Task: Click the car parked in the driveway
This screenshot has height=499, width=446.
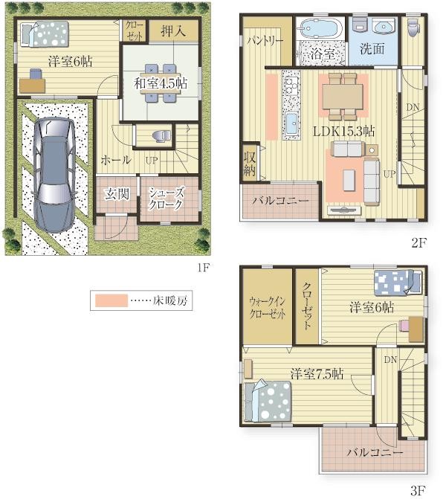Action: pyautogui.click(x=54, y=175)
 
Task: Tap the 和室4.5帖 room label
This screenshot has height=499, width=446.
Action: pyautogui.click(x=161, y=83)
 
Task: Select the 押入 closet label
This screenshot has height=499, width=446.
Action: pyautogui.click(x=173, y=31)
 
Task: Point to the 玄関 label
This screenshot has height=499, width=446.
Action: pyautogui.click(x=117, y=194)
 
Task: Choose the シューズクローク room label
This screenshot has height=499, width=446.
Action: pyautogui.click(x=166, y=199)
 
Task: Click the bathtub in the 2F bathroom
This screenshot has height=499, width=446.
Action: pyautogui.click(x=320, y=30)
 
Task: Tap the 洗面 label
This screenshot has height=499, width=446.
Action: pyautogui.click(x=372, y=48)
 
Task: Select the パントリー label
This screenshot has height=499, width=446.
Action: pyautogui.click(x=265, y=41)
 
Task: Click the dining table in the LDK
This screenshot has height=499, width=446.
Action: pyautogui.click(x=343, y=97)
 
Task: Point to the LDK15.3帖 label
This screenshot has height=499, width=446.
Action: pyautogui.click(x=343, y=131)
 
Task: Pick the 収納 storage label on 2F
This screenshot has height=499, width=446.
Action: pyautogui.click(x=250, y=164)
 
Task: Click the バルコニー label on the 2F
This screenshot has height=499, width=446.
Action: pyautogui.click(x=280, y=201)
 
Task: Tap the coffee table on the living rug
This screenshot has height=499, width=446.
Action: pyautogui.click(x=349, y=181)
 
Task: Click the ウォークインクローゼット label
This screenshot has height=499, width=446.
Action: pyautogui.click(x=267, y=308)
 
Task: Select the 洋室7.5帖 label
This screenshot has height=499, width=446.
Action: pyautogui.click(x=317, y=374)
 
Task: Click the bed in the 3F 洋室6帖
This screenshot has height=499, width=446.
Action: pyautogui.click(x=398, y=282)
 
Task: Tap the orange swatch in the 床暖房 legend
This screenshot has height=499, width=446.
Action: pyautogui.click(x=111, y=300)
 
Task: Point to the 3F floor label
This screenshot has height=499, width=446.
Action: pyautogui.click(x=418, y=490)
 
